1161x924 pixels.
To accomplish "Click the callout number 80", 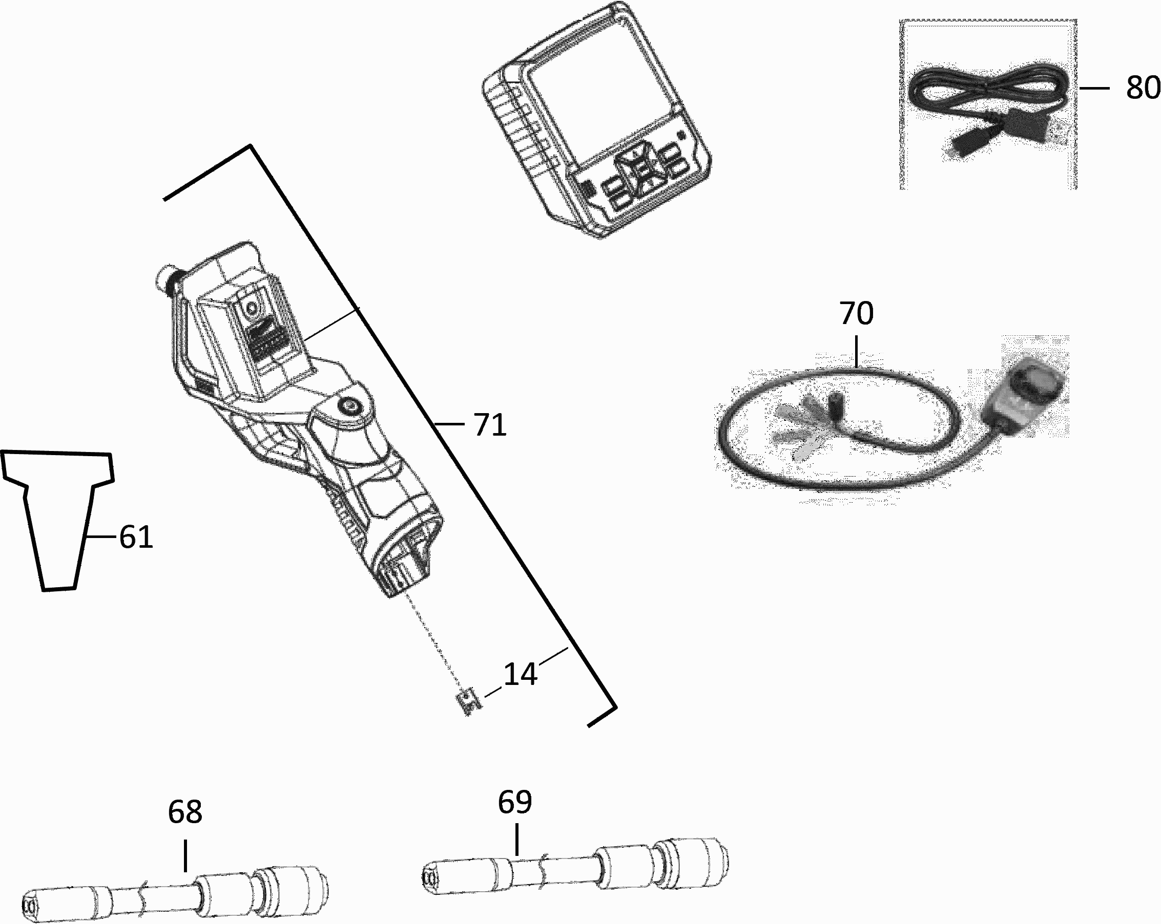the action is pyautogui.click(x=1143, y=88).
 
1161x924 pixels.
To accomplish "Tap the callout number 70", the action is pyautogui.click(x=856, y=313).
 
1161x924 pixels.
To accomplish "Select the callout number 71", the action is pyautogui.click(x=490, y=424).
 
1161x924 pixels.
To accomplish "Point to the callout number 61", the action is pyautogui.click(x=136, y=536).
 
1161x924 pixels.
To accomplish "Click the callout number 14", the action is pyautogui.click(x=520, y=674).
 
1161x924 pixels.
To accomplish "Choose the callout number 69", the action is pyautogui.click(x=515, y=802).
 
